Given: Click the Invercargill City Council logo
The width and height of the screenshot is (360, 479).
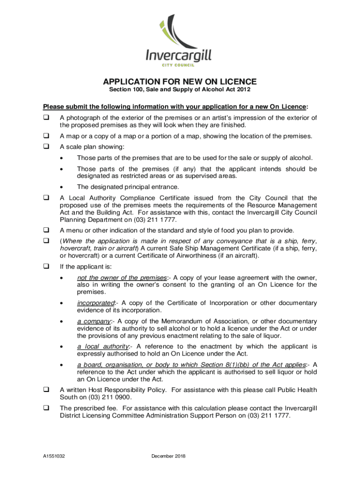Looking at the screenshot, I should point(180,42).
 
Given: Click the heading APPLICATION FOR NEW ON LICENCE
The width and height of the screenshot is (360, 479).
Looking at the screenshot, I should point(180,81).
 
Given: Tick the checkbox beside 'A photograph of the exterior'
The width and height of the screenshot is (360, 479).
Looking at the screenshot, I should point(46,117).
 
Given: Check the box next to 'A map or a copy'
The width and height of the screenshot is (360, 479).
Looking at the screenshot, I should point(46,136).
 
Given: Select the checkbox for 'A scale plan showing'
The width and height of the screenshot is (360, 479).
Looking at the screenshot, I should point(46,146).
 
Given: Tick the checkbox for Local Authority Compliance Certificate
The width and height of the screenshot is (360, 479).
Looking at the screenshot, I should point(46,197).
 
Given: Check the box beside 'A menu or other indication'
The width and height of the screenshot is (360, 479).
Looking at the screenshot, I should point(46,230).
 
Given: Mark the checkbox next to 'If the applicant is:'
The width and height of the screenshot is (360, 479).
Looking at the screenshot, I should point(46,267).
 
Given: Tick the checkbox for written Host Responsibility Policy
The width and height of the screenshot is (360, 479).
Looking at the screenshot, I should point(46,389).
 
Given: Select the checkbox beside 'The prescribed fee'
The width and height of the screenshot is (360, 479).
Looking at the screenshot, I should point(46,408).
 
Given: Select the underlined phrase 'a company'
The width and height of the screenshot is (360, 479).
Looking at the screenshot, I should point(94,321).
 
